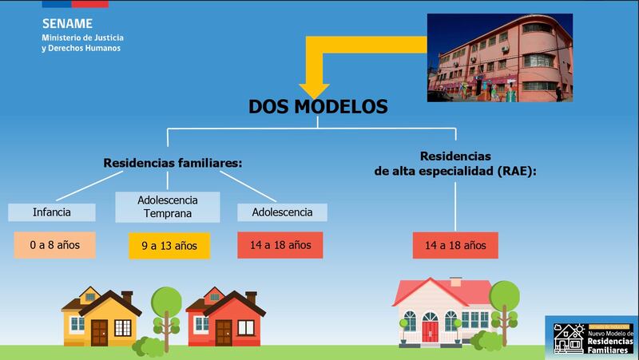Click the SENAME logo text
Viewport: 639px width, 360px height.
(x=67, y=24)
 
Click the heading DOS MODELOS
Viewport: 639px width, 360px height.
(x=318, y=107)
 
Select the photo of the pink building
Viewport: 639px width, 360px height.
(x=500, y=57)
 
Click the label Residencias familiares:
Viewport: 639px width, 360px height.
(x=173, y=163)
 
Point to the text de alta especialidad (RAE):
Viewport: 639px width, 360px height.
(x=455, y=172)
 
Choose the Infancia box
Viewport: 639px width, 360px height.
(x=52, y=212)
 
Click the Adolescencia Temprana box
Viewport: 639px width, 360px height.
(x=168, y=207)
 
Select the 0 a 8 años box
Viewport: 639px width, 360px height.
(x=54, y=245)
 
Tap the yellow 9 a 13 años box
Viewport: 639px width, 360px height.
(x=169, y=246)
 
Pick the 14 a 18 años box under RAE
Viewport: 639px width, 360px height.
(x=455, y=245)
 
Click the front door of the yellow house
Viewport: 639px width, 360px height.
(x=99, y=333)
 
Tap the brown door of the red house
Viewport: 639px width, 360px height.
(x=224, y=333)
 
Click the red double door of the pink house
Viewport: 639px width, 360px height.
(x=430, y=331)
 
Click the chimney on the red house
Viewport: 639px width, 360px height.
(x=251, y=298)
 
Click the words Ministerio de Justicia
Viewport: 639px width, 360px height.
(x=83, y=38)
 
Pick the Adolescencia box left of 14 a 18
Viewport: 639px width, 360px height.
(x=283, y=212)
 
